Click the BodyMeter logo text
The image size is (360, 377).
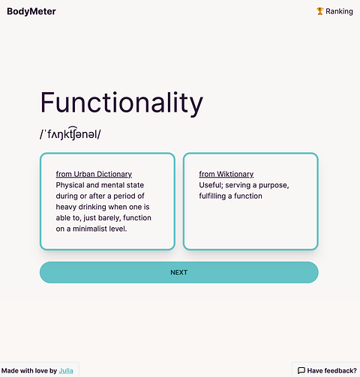coord(31,11)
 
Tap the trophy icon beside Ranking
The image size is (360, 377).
coord(319,11)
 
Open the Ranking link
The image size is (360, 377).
coord(334,11)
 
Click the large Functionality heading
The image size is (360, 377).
coord(121,103)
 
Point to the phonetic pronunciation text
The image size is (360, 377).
coord(70,133)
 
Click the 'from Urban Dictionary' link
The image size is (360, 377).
coord(94,174)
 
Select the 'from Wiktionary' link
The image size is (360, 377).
coord(226,174)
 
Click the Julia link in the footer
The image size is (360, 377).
coord(66,370)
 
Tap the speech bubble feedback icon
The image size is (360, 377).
coord(301,370)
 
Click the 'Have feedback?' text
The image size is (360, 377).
coord(331,370)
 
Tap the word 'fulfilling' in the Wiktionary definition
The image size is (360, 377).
coord(212,196)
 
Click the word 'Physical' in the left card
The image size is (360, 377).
coord(70,185)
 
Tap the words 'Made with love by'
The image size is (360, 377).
coord(29,370)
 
